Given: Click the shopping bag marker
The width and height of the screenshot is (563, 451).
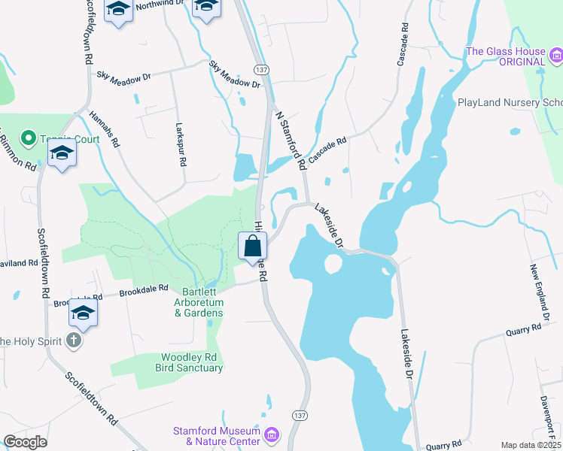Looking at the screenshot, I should pos(253,247).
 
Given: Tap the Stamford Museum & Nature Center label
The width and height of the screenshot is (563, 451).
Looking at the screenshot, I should pos(217,436).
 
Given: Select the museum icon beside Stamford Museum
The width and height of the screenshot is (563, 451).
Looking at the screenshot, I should pos(272,434).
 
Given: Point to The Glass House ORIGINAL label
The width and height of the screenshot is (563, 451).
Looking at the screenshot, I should pos(505,56).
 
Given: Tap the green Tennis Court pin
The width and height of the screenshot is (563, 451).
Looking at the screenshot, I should pos(29,138).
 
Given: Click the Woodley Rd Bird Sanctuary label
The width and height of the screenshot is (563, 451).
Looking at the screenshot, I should pos(192,363).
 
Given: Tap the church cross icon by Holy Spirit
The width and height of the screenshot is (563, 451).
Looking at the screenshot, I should pos(74,341).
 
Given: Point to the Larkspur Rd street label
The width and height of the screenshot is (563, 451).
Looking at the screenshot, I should pos(181,145).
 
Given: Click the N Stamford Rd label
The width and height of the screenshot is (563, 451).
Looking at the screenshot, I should pos(291,141).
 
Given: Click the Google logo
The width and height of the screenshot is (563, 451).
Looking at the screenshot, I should pos(25,442).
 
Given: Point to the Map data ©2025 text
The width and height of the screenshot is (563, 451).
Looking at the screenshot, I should pos(531,445).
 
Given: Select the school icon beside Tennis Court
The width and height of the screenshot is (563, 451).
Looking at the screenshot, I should pos(62,155).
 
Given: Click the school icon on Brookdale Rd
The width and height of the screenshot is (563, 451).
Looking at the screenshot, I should pos(84,312).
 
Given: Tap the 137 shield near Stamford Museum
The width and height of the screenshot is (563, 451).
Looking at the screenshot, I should pos(300,416).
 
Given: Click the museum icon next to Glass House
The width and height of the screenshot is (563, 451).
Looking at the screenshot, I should pos(557,54).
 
